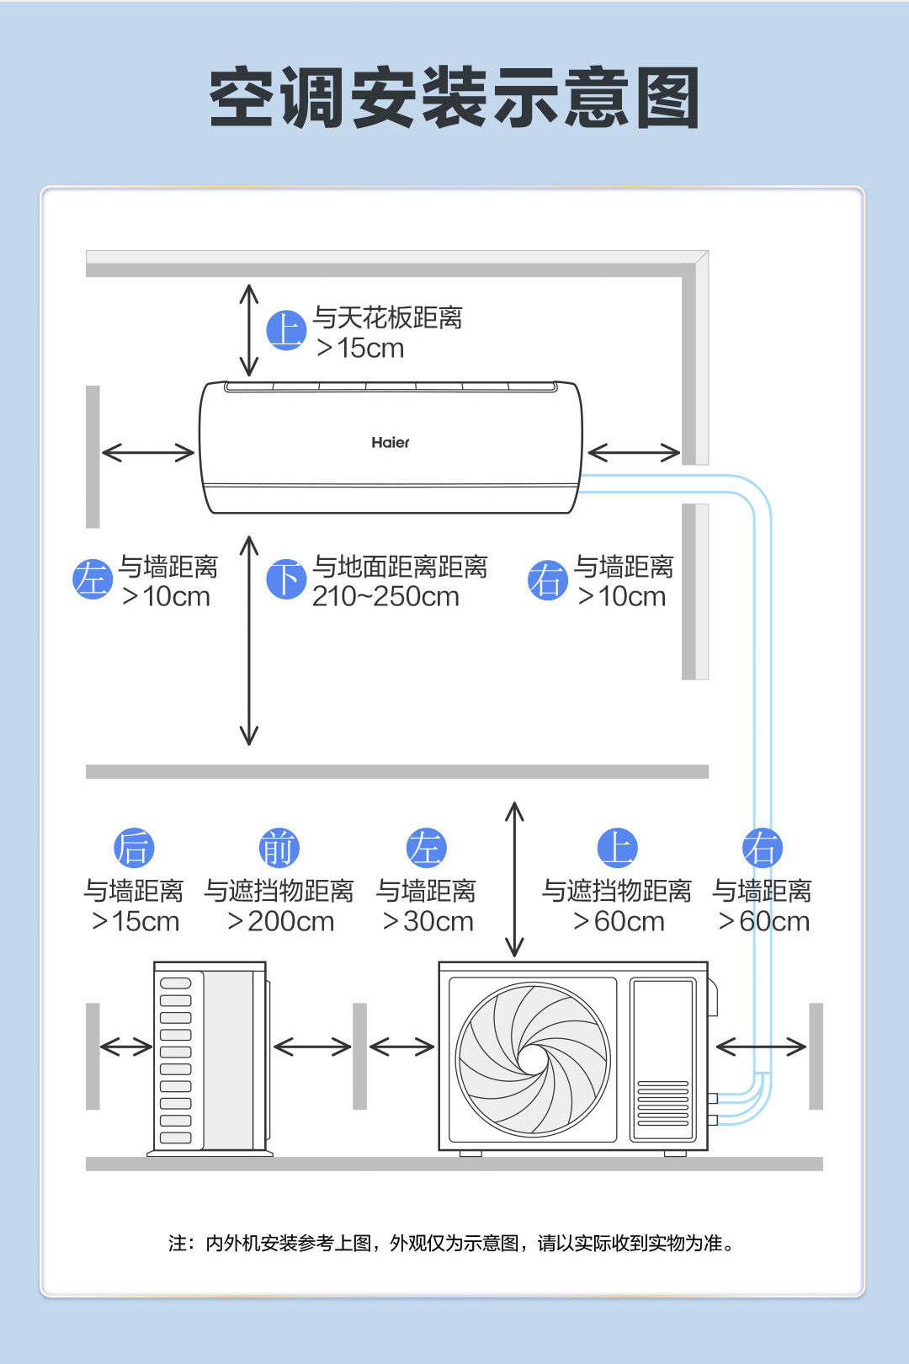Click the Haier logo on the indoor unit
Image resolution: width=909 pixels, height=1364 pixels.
click(x=391, y=443)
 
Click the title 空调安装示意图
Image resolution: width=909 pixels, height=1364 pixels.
click(x=454, y=98)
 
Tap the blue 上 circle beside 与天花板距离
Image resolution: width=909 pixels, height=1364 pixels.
click(x=286, y=330)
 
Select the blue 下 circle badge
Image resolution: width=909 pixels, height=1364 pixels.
click(x=286, y=579)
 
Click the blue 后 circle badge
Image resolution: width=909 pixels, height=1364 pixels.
click(x=134, y=848)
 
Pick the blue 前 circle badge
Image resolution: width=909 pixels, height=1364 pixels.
click(x=279, y=848)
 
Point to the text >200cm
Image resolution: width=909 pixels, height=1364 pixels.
click(x=280, y=921)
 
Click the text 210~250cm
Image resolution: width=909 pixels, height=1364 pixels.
click(x=385, y=596)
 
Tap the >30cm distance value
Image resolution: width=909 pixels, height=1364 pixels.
click(x=428, y=921)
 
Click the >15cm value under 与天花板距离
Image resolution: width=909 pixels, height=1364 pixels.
click(x=360, y=349)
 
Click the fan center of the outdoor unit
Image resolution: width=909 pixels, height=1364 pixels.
click(x=533, y=1059)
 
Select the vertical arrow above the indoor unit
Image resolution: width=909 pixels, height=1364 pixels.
click(x=249, y=330)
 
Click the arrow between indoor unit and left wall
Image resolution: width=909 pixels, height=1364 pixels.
click(x=148, y=452)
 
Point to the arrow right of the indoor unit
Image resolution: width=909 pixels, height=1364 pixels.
click(x=634, y=452)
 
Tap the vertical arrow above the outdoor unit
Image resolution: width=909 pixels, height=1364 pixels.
click(x=514, y=879)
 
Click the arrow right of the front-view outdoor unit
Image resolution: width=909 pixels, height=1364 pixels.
click(x=761, y=1047)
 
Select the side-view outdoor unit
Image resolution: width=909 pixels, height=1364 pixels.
click(x=210, y=1058)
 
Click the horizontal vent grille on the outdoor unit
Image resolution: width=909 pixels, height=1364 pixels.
click(x=663, y=1103)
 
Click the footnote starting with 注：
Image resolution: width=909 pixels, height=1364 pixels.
click(x=451, y=1243)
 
